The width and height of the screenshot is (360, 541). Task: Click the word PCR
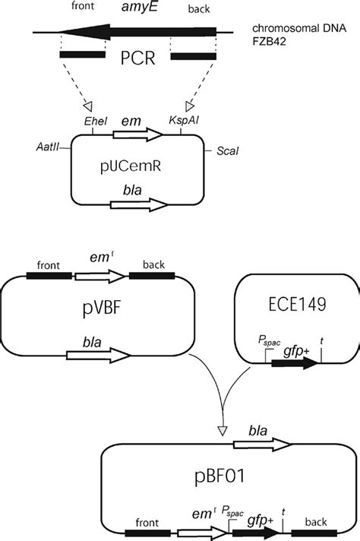137,60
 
